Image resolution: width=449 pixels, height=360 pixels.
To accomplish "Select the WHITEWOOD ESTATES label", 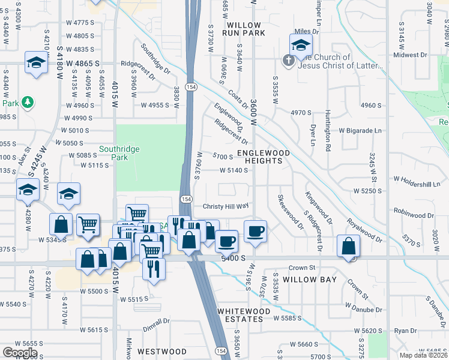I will (x=240, y=315).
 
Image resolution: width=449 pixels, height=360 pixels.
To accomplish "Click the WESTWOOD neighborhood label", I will (x=162, y=351).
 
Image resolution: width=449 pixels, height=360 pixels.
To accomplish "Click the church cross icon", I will (x=288, y=61).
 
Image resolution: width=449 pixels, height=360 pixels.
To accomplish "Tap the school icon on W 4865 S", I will (x=36, y=63).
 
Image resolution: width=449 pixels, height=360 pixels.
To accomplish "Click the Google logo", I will (x=20, y=353).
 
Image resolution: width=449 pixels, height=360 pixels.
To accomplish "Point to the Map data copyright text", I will (x=424, y=355).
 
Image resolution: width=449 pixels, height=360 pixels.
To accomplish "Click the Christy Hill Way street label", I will (x=226, y=206).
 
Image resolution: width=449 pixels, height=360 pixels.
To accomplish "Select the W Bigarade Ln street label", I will (x=360, y=130).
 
